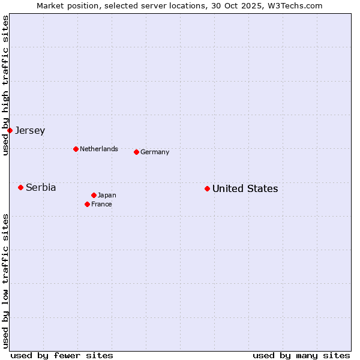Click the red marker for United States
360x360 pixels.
[207, 188]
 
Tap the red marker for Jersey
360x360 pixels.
[10, 130]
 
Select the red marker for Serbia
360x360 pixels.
[20, 187]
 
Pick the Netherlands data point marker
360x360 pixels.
[76, 149]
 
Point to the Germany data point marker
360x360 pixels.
[136, 152]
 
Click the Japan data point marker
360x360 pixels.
[94, 195]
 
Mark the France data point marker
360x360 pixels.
[87, 204]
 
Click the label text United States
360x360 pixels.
[245, 189]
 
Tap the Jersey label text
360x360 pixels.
[30, 131]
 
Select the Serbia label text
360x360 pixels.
[41, 188]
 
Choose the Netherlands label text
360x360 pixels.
[99, 149]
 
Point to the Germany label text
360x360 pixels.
[155, 152]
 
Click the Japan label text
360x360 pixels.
[107, 196]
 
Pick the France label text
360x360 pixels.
[101, 205]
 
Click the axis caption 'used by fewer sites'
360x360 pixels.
[62, 355]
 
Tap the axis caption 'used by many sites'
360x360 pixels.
[301, 355]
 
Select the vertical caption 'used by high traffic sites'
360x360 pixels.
[5, 85]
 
